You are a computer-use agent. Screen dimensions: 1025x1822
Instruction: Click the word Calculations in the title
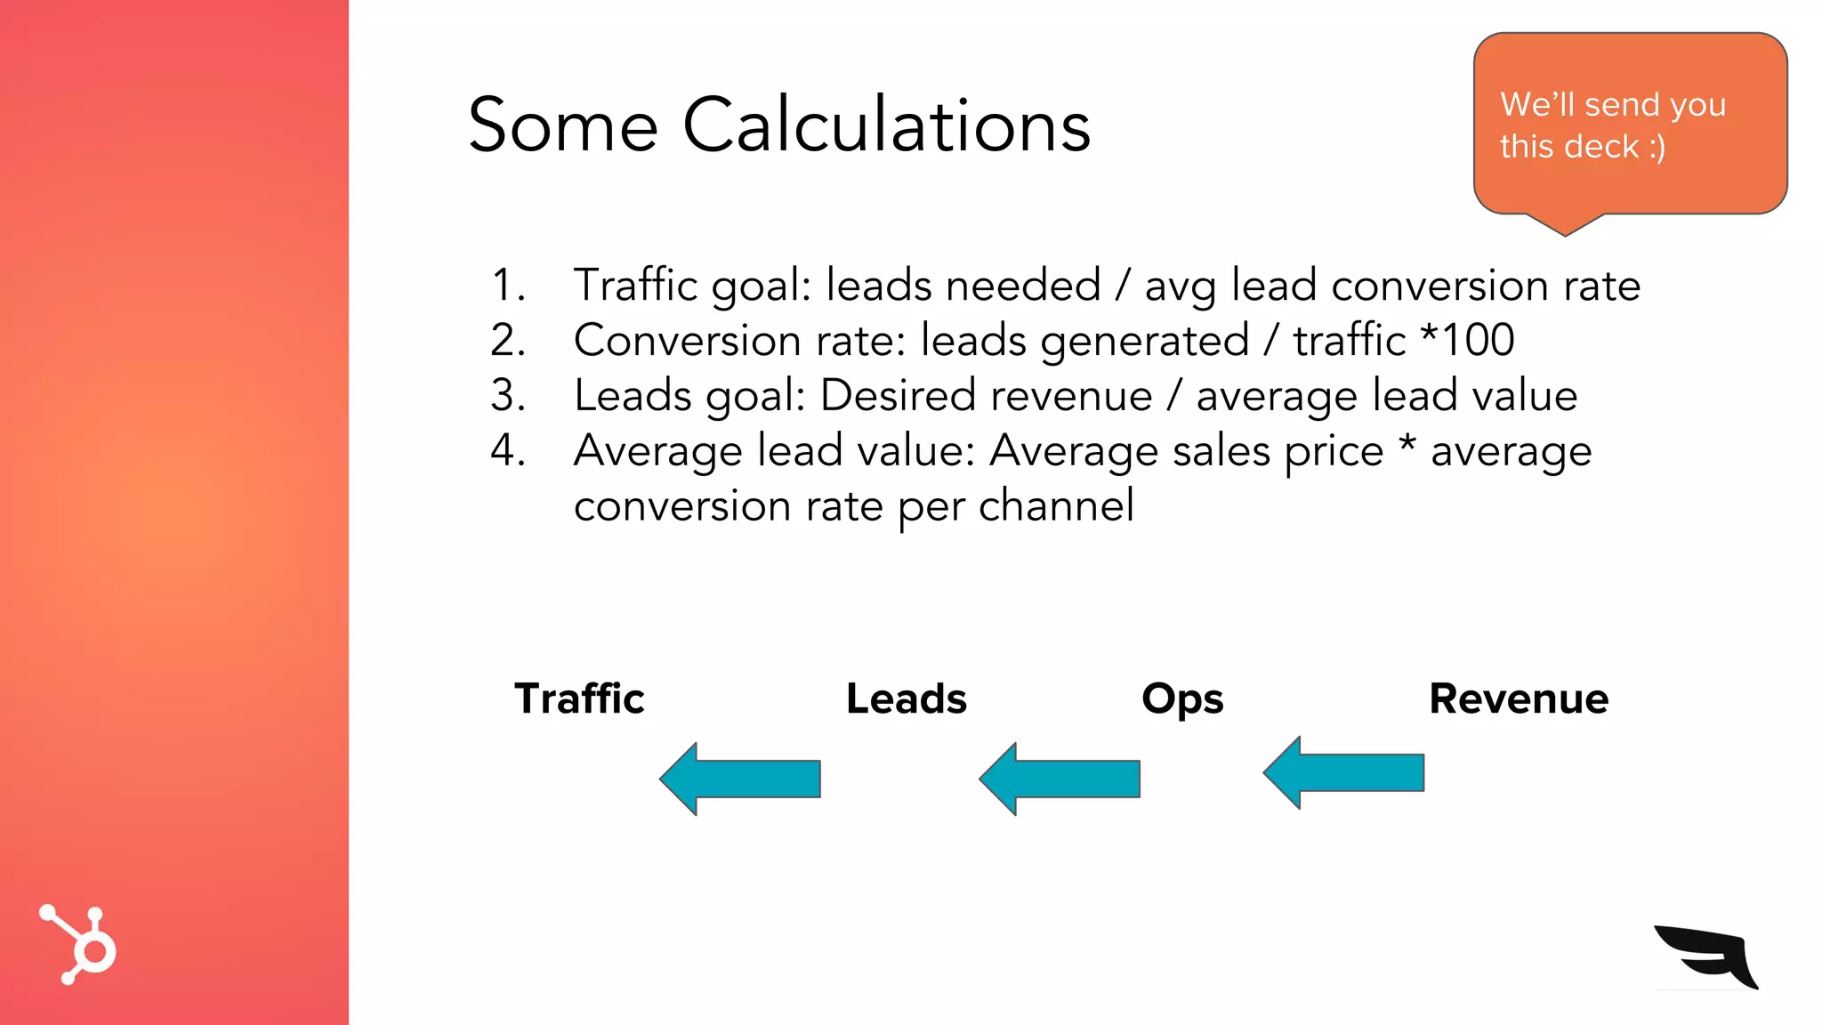tap(886, 125)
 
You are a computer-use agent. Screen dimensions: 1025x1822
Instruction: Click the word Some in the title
tap(562, 125)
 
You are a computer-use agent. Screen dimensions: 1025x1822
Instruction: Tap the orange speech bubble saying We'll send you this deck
tap(1630, 125)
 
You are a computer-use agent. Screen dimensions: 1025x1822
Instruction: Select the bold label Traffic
tap(579, 698)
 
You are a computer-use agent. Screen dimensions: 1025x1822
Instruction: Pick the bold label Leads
tap(906, 698)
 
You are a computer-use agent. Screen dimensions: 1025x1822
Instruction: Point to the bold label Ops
tap(1182, 699)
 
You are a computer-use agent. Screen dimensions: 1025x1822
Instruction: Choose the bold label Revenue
tap(1519, 698)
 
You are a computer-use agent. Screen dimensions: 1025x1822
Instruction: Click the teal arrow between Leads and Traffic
tap(740, 779)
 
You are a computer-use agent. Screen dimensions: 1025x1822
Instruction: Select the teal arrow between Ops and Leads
tap(1060, 779)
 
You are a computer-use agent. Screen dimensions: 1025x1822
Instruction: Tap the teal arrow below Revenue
tap(1343, 772)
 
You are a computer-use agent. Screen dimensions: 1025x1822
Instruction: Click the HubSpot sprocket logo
tap(78, 945)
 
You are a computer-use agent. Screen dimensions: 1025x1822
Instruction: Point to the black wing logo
tap(1706, 956)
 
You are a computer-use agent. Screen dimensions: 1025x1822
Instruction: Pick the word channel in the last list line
tap(1056, 505)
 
